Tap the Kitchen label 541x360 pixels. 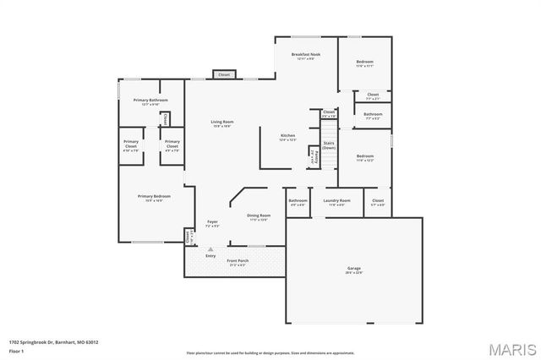click(x=288, y=137)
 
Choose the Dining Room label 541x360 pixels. click(x=259, y=217)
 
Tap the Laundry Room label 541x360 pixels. click(x=336, y=202)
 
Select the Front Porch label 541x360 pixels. click(x=238, y=262)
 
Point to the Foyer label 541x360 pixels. click(x=212, y=224)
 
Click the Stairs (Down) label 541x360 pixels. click(x=330, y=145)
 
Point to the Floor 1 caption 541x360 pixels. click(x=16, y=350)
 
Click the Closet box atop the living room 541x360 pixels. click(x=224, y=74)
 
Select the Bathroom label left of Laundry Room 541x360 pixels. click(x=298, y=202)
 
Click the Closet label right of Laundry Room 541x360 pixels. click(x=378, y=202)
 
